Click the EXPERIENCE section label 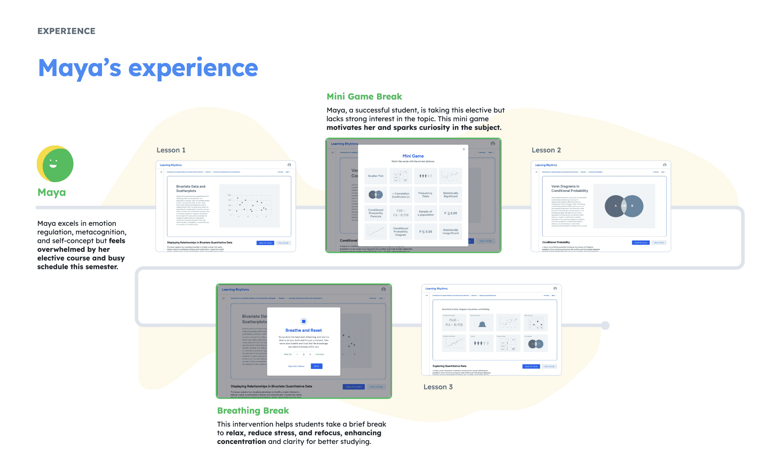[66, 31]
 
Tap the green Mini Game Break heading [364, 97]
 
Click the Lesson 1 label [171, 150]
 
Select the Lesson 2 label [546, 150]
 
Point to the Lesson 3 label [438, 387]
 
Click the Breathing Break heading [253, 411]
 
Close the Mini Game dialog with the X [464, 149]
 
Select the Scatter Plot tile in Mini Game [376, 176]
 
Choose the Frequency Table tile [425, 195]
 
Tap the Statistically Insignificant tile [450, 232]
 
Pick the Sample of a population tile [425, 213]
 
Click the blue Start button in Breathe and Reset [316, 366]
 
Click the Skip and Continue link [296, 366]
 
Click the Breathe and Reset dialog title [304, 330]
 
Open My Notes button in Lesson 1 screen [265, 243]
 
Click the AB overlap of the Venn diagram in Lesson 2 [624, 206]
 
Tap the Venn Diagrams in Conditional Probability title [569, 188]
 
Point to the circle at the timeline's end [605, 325]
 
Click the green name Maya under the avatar [52, 192]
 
